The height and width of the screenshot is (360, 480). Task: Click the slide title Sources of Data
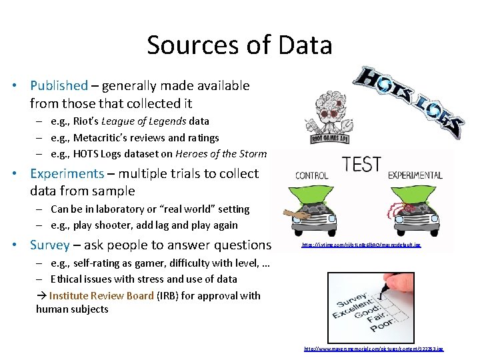click(239, 45)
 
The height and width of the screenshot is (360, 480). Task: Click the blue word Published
click(59, 86)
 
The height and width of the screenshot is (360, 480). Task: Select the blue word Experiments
click(67, 173)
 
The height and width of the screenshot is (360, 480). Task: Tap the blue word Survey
click(50, 245)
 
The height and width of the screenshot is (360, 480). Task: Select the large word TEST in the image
click(361, 165)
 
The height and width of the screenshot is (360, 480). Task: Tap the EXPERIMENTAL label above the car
click(417, 176)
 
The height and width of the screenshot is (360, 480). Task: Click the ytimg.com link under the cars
click(361, 245)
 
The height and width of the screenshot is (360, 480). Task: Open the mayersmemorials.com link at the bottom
click(374, 349)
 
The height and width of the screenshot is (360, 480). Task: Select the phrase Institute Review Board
click(101, 296)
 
